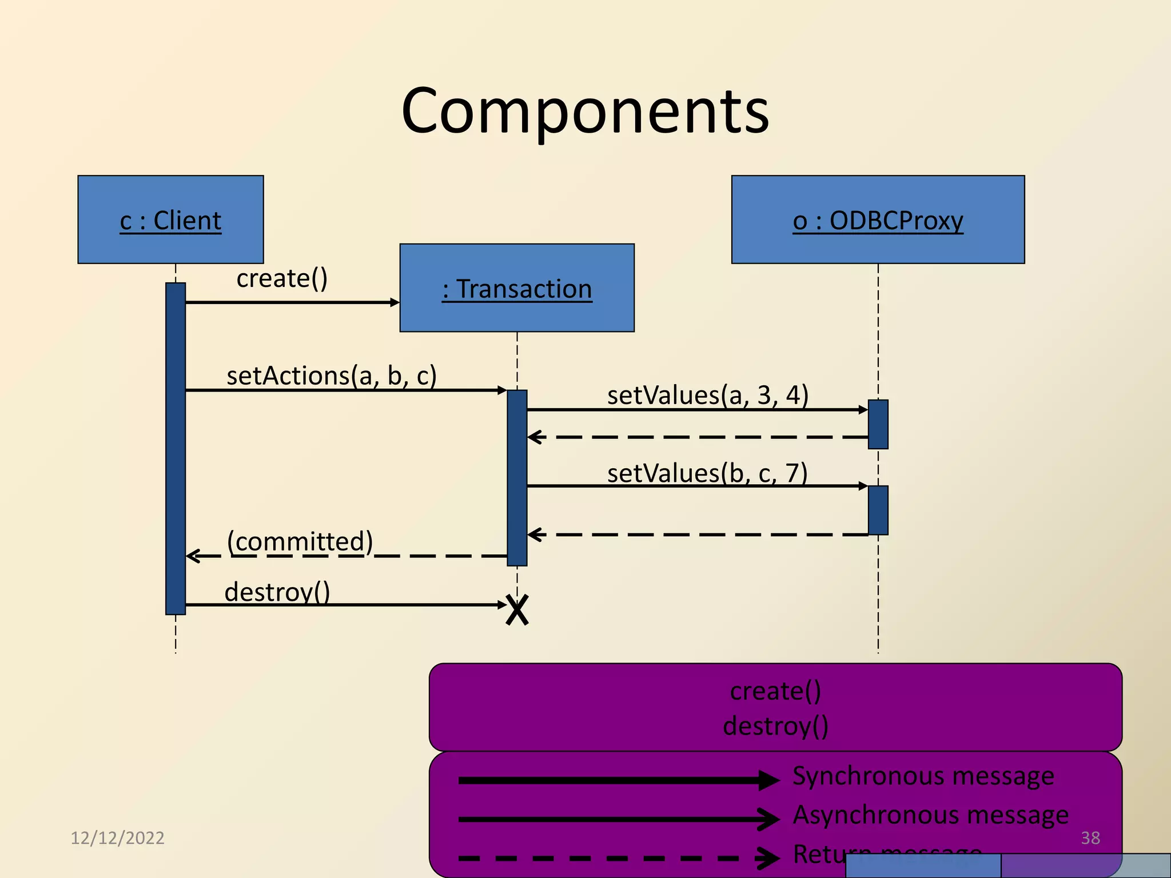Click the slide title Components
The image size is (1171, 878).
pos(585,111)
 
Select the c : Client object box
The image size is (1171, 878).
pos(170,220)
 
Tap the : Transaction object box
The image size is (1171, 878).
pos(517,288)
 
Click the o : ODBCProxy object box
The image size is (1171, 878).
pos(878,220)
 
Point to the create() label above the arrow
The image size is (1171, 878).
pos(282,279)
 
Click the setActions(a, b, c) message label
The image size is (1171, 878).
pos(332,376)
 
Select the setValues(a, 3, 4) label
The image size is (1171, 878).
pos(707,396)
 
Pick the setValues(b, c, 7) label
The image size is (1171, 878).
pos(707,473)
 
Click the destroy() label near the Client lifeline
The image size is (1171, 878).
pos(277,592)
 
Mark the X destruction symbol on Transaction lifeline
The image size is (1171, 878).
pos(517,610)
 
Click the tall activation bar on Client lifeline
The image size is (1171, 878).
pos(176,448)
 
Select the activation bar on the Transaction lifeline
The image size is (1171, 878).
pos(517,477)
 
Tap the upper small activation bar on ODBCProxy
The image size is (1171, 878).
pos(878,424)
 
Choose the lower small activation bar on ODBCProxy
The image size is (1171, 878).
pos(878,510)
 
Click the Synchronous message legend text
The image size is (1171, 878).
pos(923,776)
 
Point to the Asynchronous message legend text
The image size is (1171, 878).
pos(930,815)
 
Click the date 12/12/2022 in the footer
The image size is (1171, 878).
pos(117,838)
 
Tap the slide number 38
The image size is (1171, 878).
pos(1090,838)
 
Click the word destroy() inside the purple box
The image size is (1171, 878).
pos(775,727)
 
